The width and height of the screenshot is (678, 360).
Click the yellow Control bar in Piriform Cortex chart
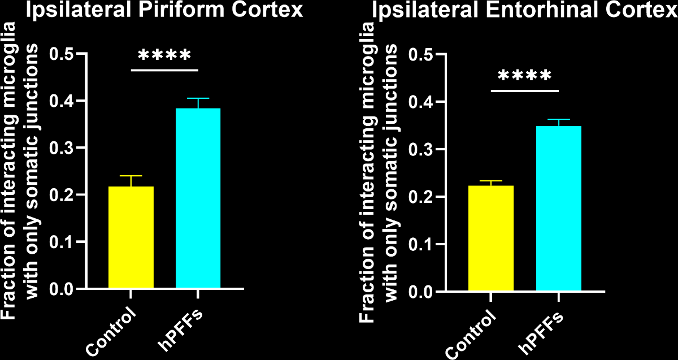pos(131,237)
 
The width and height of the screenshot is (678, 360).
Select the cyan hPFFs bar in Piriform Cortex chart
pos(198,198)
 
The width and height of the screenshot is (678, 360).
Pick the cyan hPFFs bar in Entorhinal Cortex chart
pos(558,209)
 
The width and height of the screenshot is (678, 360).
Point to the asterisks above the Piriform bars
pos(164,55)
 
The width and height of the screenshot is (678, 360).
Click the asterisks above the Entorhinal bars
pos(524,76)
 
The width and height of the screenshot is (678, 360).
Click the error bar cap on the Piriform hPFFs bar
pos(198,98)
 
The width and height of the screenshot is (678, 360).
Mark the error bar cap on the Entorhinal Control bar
pos(491,181)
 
